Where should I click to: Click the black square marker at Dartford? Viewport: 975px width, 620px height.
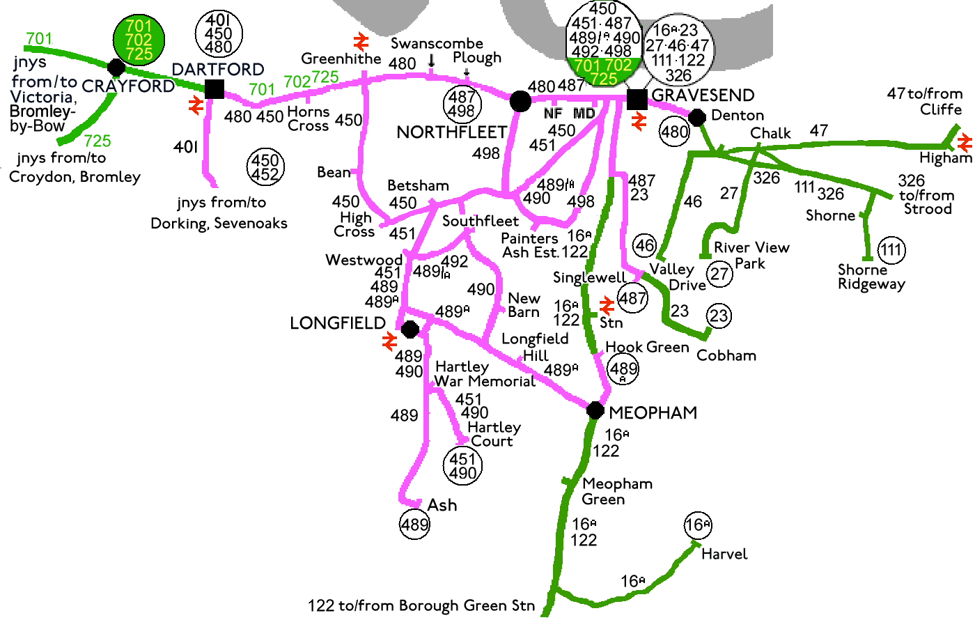coord(214,88)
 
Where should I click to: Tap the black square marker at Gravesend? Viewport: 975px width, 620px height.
coord(637,99)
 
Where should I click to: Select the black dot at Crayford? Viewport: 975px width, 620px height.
coord(116,68)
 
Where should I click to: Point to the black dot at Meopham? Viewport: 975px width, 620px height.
coord(595,410)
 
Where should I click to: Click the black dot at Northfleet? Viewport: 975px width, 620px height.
coord(520,102)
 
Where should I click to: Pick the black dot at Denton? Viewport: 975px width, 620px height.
coord(697,115)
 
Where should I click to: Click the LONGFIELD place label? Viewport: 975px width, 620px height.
coord(338,323)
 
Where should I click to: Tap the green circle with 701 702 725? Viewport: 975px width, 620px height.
coord(139,40)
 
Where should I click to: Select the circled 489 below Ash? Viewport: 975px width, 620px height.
coord(414,524)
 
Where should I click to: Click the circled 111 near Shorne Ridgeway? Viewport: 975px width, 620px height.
coord(891,249)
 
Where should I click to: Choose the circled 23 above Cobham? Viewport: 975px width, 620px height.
coord(719,316)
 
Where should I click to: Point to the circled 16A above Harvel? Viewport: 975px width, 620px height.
coord(698,525)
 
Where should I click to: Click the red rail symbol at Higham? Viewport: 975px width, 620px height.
coord(965,143)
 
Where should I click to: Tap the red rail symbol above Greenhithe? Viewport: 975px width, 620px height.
coord(361,42)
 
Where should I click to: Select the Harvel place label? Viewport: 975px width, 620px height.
coord(724,555)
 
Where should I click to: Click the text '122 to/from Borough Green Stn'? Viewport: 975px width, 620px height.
coord(421,605)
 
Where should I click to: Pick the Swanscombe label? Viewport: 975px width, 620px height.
coord(437,43)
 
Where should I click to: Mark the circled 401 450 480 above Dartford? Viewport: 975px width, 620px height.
coord(219,33)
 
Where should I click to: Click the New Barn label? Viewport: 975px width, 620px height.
coord(524,305)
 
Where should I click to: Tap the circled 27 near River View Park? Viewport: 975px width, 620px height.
coord(720,272)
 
